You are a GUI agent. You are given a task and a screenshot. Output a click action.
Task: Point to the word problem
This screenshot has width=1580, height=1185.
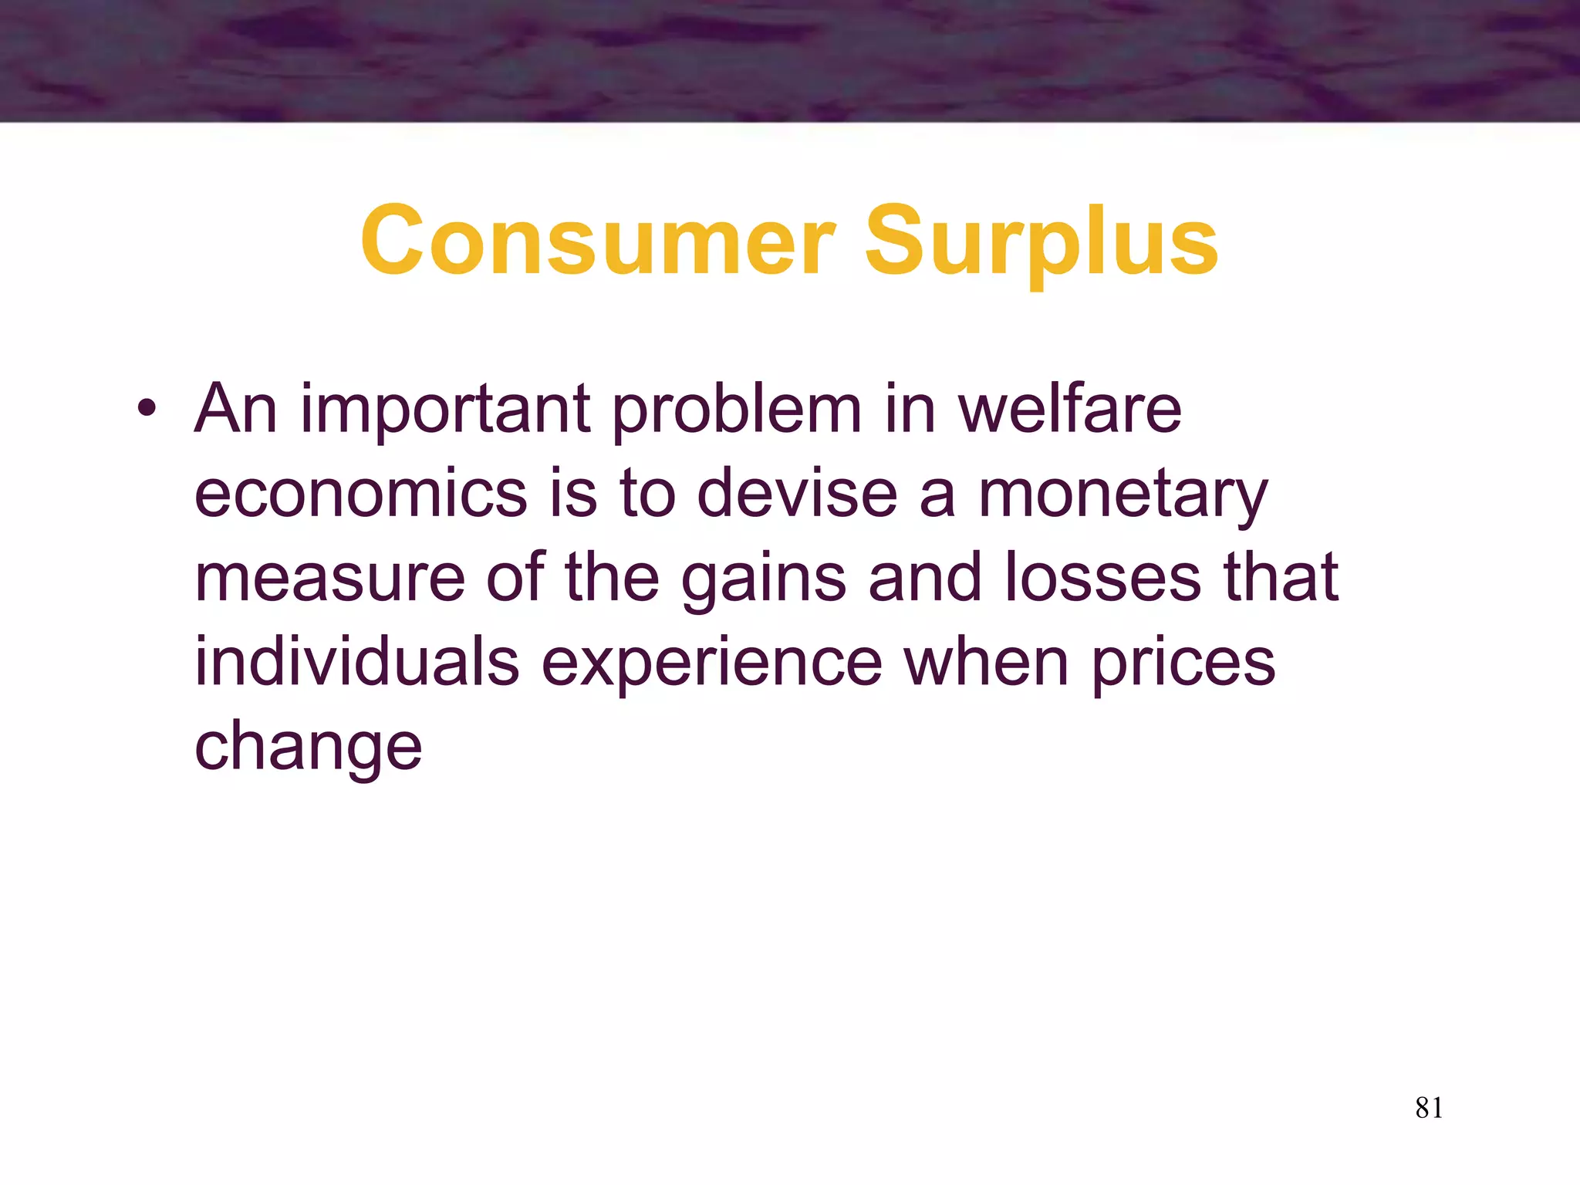[737, 411]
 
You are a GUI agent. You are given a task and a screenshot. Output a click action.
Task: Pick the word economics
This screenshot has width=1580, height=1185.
[360, 495]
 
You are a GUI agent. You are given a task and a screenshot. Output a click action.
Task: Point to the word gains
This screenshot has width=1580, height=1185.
[763, 580]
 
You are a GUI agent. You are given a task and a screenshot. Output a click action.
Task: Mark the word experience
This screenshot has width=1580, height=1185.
[711, 665]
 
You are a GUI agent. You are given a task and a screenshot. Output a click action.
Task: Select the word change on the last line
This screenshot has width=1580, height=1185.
[308, 748]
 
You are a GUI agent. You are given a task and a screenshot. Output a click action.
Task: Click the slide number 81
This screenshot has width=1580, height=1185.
[1429, 1108]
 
